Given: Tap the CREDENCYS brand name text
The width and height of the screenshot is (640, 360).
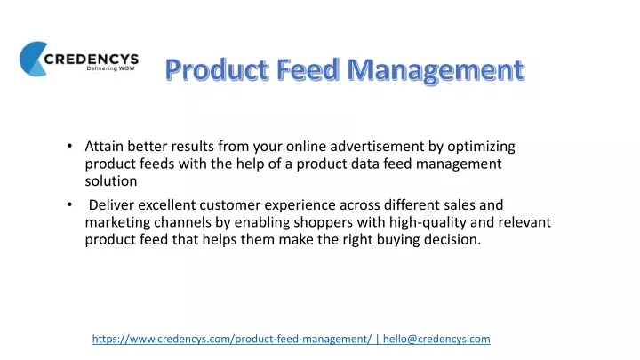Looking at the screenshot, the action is click(x=92, y=60).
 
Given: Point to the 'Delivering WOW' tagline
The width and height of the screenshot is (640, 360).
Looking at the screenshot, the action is click(x=110, y=68).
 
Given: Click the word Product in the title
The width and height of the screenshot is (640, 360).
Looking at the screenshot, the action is click(x=217, y=69).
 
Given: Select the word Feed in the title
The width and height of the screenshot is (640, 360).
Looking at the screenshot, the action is click(x=308, y=69).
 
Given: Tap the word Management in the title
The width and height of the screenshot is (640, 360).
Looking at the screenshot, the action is click(x=436, y=70).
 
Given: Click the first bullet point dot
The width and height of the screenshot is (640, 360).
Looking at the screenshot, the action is click(x=70, y=146).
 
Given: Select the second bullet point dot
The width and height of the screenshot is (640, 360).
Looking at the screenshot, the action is click(x=70, y=204).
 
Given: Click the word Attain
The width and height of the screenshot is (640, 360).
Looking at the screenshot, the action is click(x=104, y=146).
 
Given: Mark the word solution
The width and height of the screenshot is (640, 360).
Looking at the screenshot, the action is click(x=111, y=180).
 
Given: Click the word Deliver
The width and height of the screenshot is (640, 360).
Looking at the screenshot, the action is click(x=111, y=204).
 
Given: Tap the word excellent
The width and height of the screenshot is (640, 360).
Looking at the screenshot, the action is click(x=166, y=204).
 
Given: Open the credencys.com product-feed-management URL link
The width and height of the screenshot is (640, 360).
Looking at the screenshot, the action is click(x=232, y=340).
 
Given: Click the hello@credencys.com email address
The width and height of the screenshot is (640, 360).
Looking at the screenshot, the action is click(x=436, y=340).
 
